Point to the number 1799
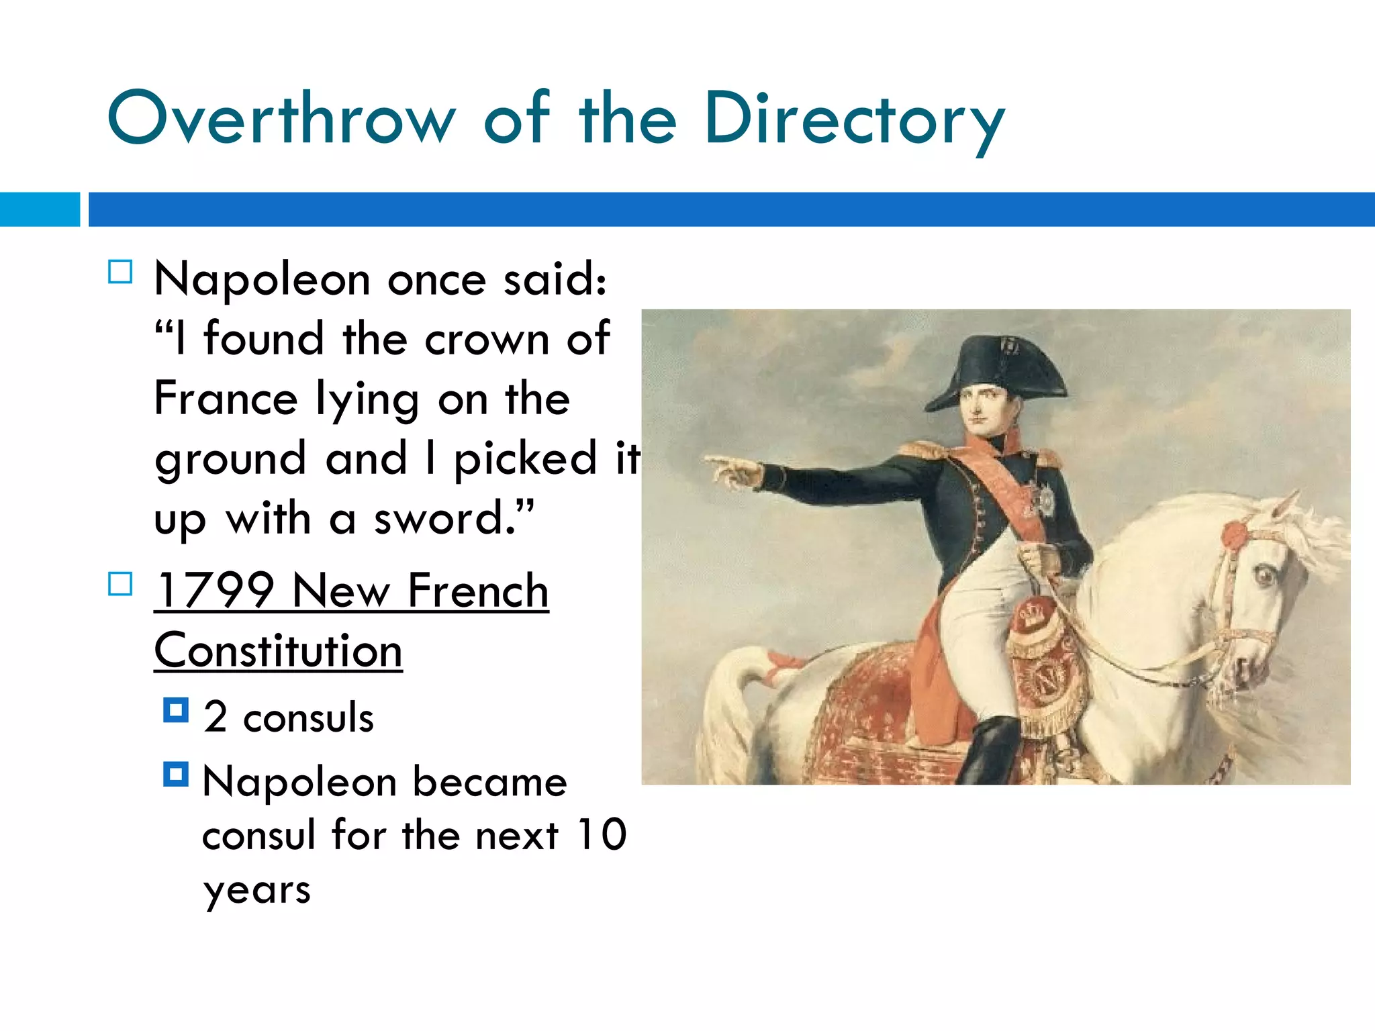(x=215, y=591)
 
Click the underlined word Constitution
(x=278, y=651)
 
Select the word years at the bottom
(x=256, y=891)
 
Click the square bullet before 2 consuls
(x=176, y=710)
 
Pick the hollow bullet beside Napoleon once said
(x=120, y=272)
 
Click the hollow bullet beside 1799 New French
(x=120, y=584)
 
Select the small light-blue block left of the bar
(x=40, y=209)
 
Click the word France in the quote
(x=226, y=399)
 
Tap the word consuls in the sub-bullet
(x=308, y=718)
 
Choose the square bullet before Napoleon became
(x=176, y=775)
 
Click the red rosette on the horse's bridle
(x=1234, y=535)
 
